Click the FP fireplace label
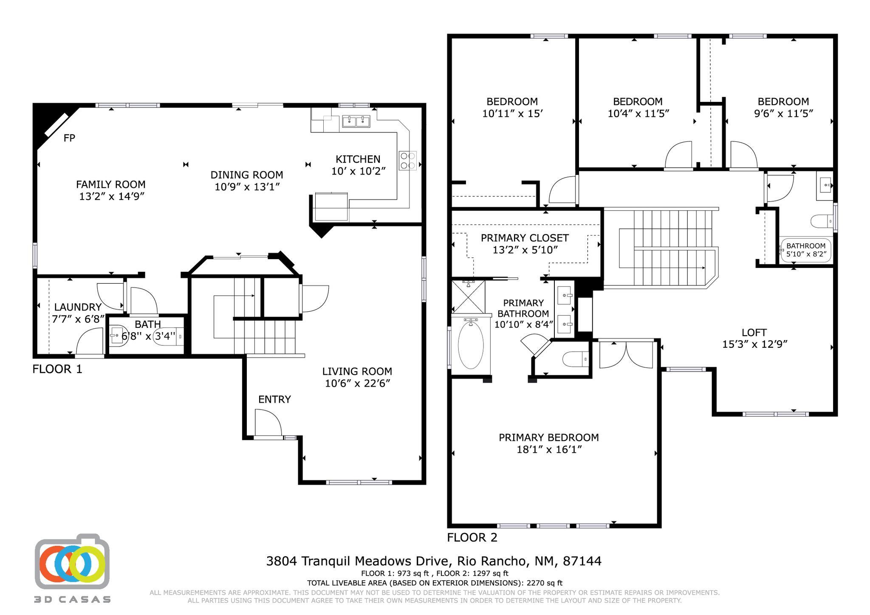[x=69, y=138]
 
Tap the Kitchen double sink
[x=356, y=121]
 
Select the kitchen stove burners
[x=407, y=161]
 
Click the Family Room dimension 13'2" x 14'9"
[x=112, y=196]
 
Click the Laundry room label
[x=78, y=307]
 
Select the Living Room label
[x=357, y=372]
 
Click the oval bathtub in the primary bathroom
[x=470, y=345]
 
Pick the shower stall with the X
[x=468, y=296]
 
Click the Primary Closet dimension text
[x=525, y=250]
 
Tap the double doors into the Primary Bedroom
[x=626, y=355]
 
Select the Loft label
[x=754, y=333]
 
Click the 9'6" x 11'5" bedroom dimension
[x=783, y=113]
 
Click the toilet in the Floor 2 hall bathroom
[x=821, y=221]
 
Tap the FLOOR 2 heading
[x=472, y=538]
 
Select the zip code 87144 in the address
[x=582, y=561]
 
